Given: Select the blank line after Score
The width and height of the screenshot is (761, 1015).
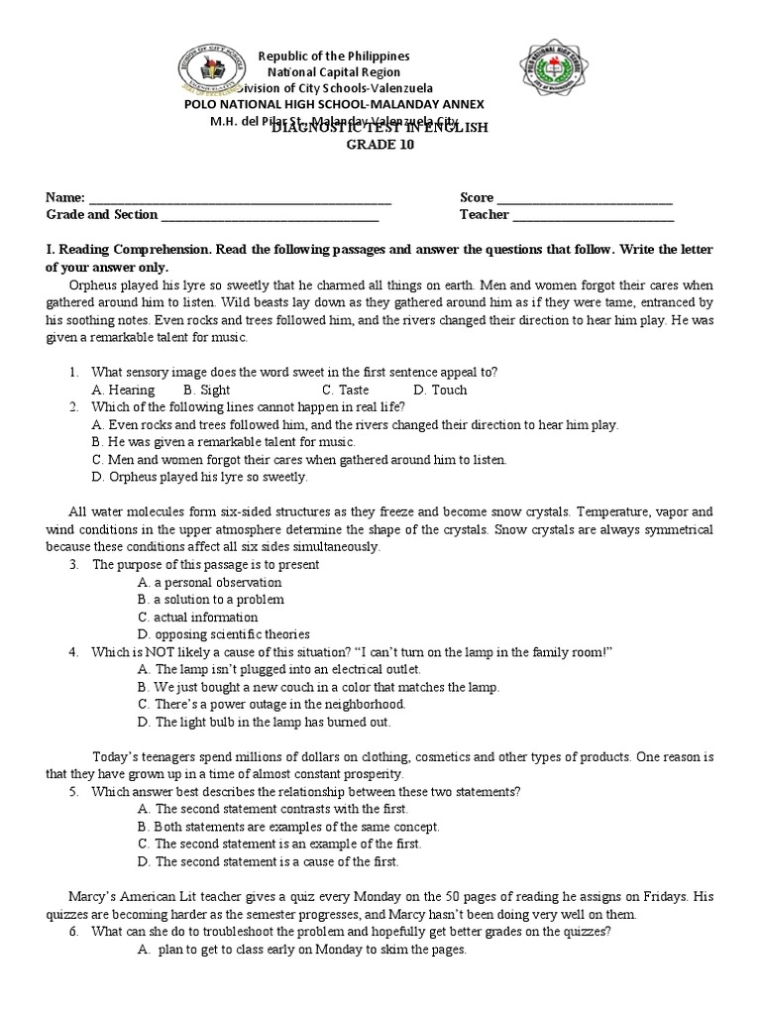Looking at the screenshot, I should click(585, 198).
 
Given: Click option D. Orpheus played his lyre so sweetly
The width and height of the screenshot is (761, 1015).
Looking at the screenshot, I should click(199, 477).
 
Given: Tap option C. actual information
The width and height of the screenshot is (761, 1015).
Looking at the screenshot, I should click(198, 617).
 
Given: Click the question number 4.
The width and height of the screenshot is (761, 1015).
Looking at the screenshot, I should click(73, 651).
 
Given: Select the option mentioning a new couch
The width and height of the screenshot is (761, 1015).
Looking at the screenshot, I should click(318, 686).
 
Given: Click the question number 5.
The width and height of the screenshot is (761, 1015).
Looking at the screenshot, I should click(73, 791).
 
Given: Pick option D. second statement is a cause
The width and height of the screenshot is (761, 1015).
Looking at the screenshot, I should click(279, 861).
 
